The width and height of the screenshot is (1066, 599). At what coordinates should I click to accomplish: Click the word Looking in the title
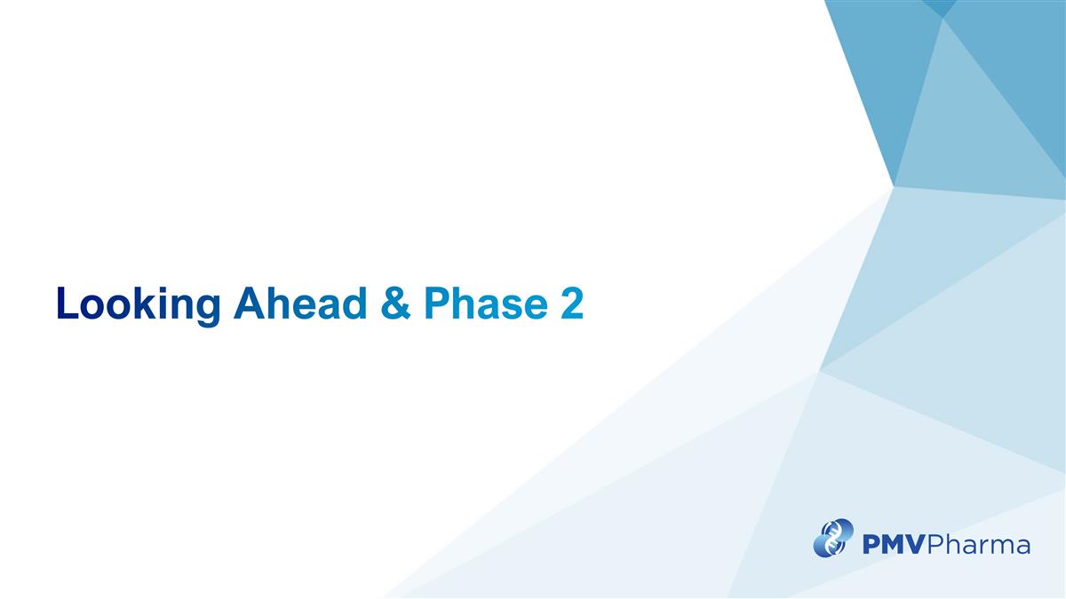(138, 304)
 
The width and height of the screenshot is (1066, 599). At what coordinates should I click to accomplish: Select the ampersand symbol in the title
(394, 304)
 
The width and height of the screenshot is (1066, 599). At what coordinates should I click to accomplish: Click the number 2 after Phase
(571, 304)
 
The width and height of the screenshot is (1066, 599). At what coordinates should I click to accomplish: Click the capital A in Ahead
(247, 304)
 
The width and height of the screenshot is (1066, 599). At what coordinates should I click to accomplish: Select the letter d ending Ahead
(353, 304)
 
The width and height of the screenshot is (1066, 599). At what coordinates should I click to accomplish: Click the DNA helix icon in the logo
(833, 538)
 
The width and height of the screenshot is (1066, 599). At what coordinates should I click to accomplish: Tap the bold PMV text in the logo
(894, 544)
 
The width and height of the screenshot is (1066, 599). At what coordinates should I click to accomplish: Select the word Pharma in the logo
(979, 544)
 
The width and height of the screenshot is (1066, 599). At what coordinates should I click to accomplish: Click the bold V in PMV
(918, 544)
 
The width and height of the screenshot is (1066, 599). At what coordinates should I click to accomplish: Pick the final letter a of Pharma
(1022, 546)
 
